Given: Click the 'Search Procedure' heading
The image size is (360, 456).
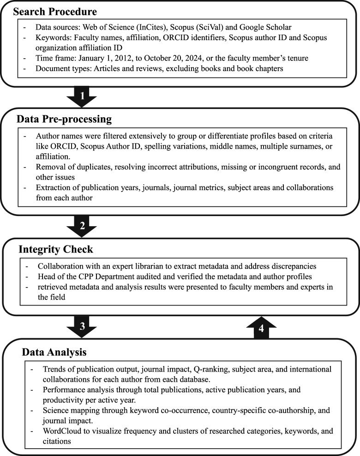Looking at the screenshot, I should click(x=51, y=10).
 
